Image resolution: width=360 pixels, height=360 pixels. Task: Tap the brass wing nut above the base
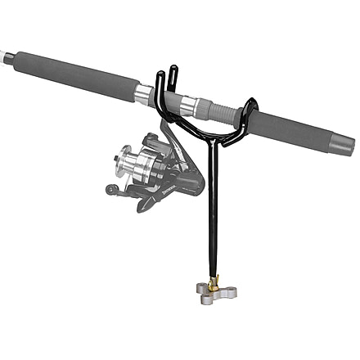click(x=214, y=283)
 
